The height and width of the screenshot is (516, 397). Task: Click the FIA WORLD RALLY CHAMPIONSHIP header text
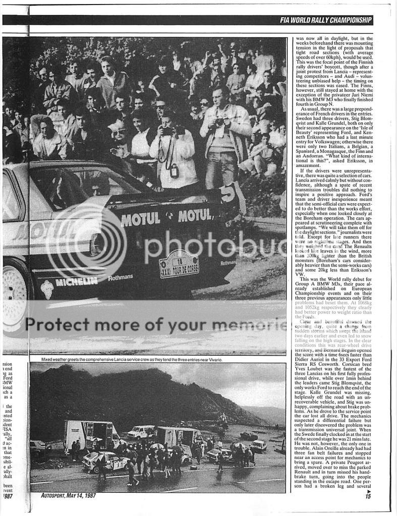(x=326, y=21)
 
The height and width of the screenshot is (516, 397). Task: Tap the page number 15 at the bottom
(x=368, y=496)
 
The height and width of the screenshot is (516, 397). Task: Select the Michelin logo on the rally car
(x=76, y=281)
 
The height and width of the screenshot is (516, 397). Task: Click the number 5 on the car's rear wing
(x=229, y=194)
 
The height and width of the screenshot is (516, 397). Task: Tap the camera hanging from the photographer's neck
(x=174, y=171)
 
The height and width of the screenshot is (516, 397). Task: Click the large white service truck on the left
(x=91, y=434)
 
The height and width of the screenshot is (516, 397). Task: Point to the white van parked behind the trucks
(x=141, y=432)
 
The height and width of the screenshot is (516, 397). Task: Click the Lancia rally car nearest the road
(x=105, y=462)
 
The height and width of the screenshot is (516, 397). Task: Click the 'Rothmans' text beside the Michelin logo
(x=120, y=277)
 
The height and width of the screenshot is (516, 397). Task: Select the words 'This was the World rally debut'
(x=333, y=279)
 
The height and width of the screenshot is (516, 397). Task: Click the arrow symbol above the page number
(x=369, y=491)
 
